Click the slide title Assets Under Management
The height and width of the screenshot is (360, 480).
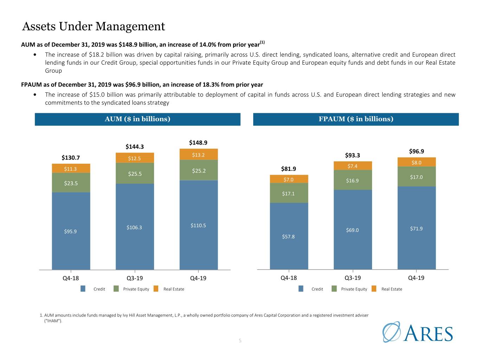point(94,26)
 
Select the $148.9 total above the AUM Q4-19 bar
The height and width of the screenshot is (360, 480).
point(198,143)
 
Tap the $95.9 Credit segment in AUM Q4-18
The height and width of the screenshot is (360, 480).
point(71,231)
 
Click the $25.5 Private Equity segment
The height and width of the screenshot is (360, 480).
point(135,173)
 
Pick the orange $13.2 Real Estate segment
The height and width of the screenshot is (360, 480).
point(199,154)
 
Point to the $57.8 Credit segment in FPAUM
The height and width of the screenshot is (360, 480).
point(289,236)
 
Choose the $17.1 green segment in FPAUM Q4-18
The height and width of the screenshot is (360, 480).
point(289,193)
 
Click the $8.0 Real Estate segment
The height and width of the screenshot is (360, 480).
point(417,162)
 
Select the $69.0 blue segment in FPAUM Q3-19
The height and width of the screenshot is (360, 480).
point(353,230)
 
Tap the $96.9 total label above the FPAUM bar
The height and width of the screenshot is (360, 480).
point(416,151)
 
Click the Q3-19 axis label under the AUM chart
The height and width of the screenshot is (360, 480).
point(135,278)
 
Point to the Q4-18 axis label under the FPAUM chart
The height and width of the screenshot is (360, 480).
point(289,278)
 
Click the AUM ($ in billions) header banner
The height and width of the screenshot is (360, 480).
point(137,119)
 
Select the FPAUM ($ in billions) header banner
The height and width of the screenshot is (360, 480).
point(356,119)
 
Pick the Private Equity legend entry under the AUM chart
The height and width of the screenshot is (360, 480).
point(132,289)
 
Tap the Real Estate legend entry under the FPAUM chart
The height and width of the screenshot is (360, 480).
point(387,289)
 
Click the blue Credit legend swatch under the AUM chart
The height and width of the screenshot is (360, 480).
point(83,289)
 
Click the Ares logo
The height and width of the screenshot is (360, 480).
point(417,332)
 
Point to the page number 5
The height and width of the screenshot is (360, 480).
point(240,340)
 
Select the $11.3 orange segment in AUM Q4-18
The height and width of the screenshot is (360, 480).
point(71,168)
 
